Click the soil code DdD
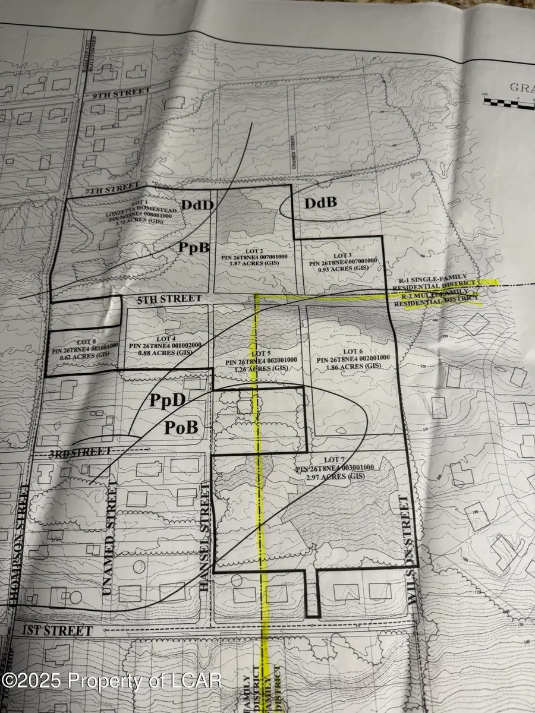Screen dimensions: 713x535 coord(194,205)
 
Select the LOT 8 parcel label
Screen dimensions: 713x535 coord(82,343)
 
